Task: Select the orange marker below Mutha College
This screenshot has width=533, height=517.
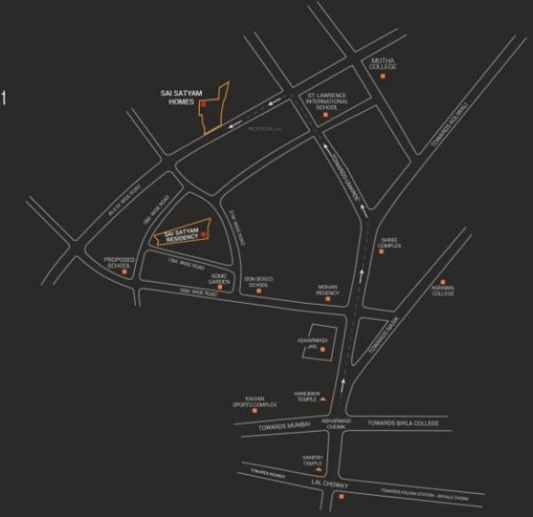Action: click(383, 77)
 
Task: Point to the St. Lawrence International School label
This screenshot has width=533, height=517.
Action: click(326, 100)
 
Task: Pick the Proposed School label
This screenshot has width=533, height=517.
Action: click(119, 262)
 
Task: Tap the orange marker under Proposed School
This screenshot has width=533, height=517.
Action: click(124, 273)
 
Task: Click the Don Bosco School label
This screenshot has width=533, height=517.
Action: click(259, 282)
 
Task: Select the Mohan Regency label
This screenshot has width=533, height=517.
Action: click(329, 290)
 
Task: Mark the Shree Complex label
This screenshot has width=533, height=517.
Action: click(389, 242)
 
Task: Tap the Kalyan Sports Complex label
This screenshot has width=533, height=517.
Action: click(255, 402)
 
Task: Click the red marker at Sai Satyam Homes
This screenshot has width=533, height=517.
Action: click(203, 105)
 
